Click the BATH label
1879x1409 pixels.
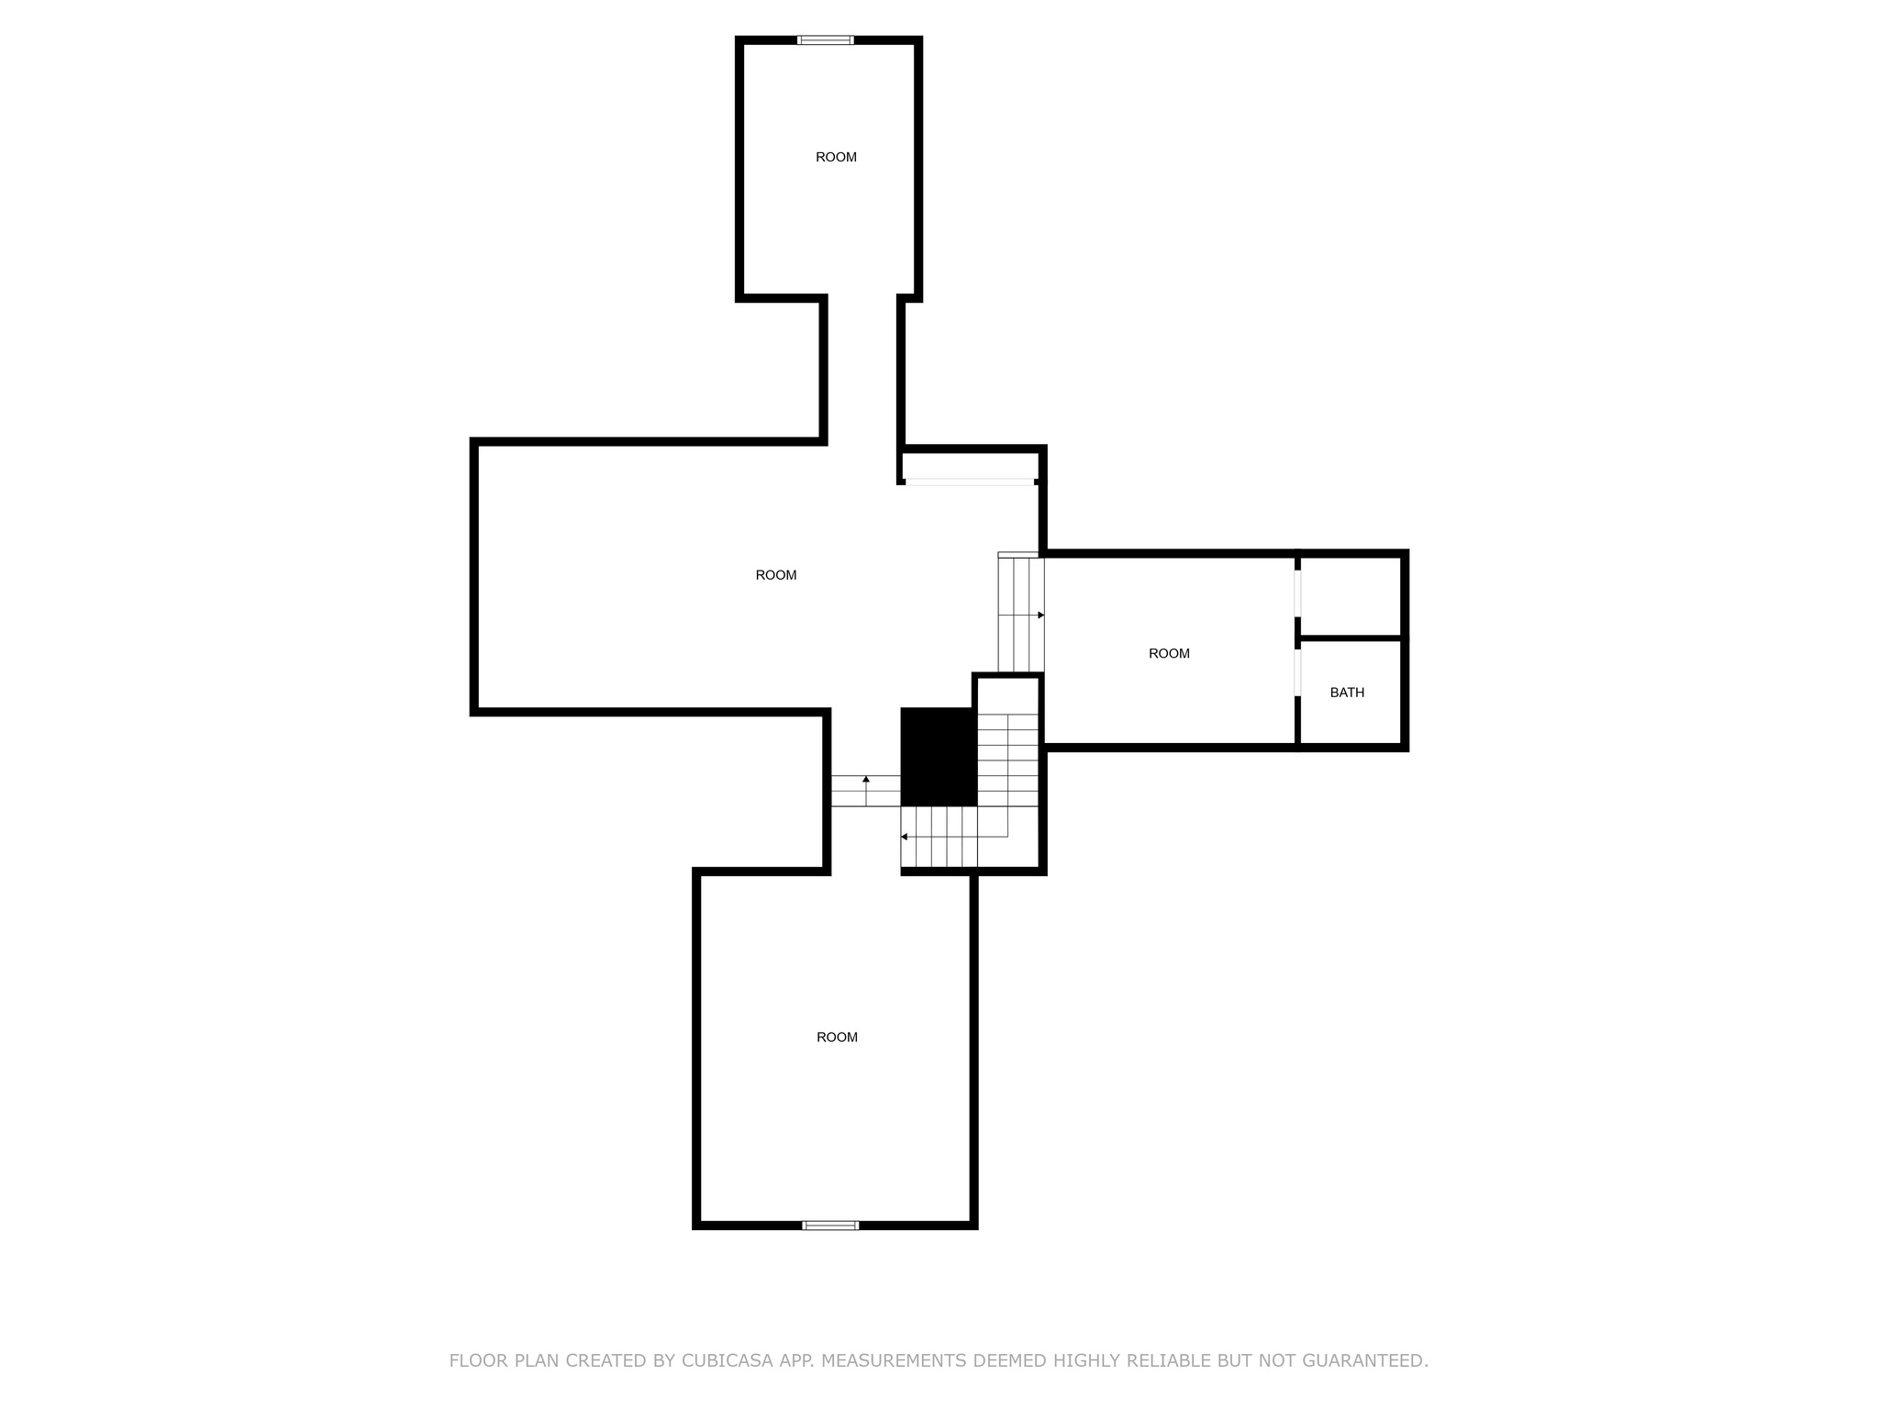[x=1347, y=693]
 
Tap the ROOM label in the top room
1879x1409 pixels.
[x=836, y=157]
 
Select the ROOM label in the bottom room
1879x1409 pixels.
[x=837, y=1037]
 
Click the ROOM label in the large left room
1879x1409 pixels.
[x=776, y=575]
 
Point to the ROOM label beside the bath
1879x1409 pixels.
[x=1169, y=653]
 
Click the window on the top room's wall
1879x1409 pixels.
[x=826, y=40]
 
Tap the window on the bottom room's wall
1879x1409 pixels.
[x=830, y=1225]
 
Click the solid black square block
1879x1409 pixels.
[x=938, y=757]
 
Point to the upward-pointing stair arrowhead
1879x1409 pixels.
[x=866, y=779]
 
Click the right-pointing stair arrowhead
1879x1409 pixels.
[x=1040, y=615]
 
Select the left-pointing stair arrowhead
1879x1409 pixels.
[x=905, y=837]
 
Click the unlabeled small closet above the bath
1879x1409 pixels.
[x=1351, y=595]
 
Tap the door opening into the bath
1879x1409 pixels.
[x=1297, y=672]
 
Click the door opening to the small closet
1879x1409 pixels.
[x=1297, y=594]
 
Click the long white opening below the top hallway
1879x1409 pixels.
[x=970, y=482]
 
